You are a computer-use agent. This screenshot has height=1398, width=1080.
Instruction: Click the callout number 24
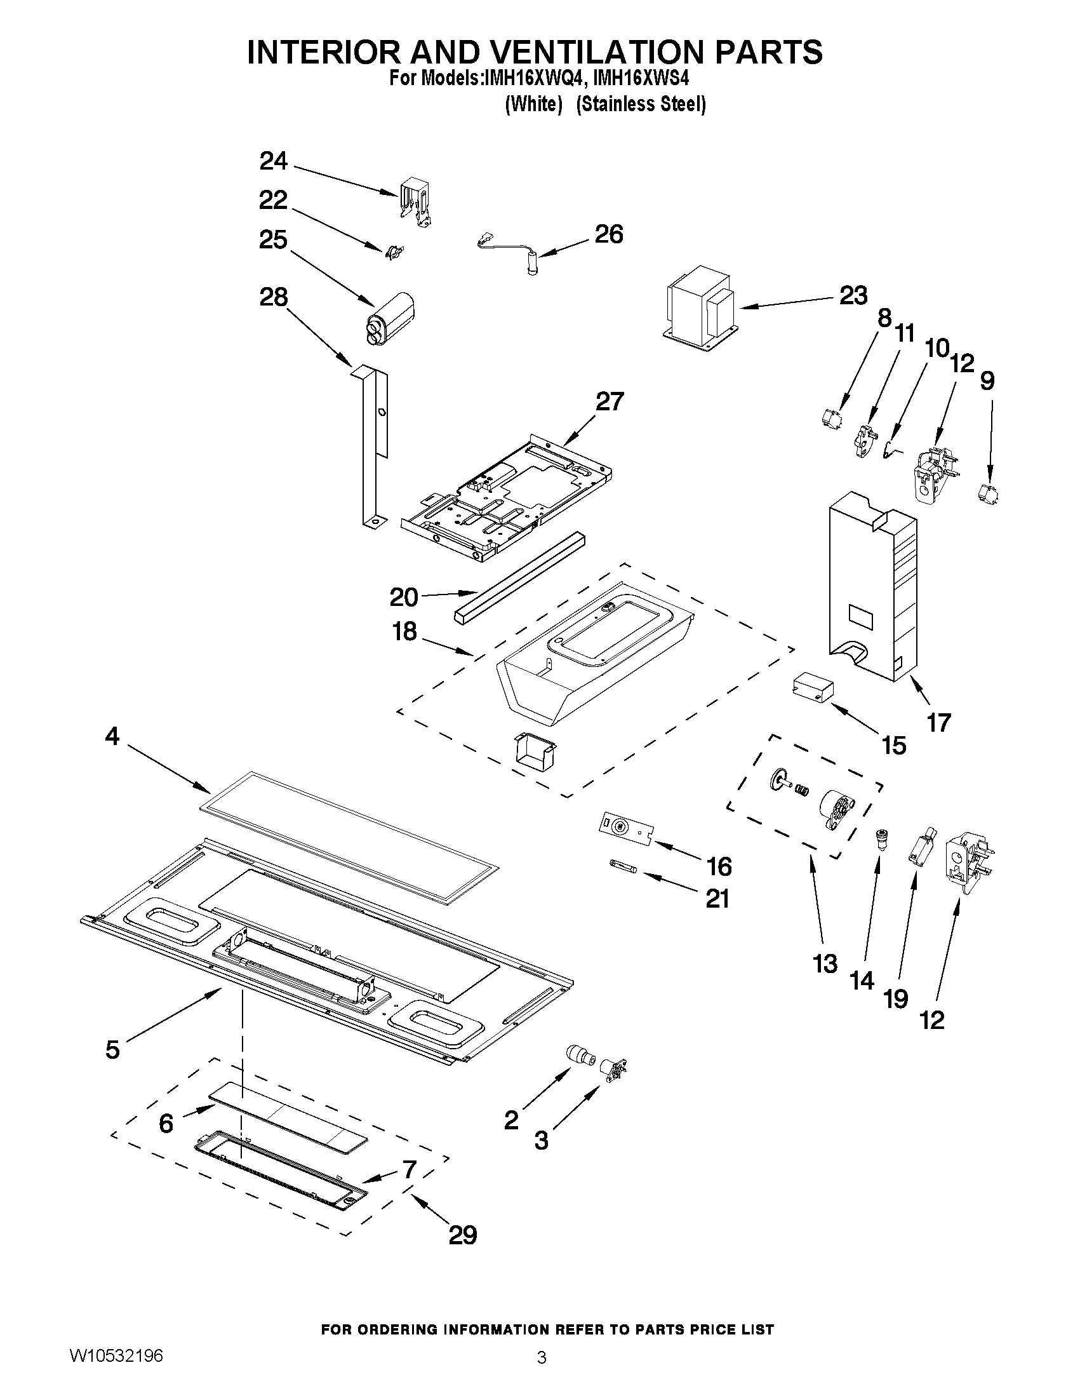273,161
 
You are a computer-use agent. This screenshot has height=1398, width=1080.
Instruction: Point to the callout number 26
608,234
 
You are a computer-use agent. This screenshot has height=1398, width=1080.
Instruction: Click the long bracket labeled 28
373,448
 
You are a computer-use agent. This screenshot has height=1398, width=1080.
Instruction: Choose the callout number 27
608,402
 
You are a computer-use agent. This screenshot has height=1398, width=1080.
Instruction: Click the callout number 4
112,737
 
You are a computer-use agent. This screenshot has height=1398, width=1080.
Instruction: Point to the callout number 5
112,1050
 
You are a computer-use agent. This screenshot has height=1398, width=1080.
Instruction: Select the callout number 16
719,867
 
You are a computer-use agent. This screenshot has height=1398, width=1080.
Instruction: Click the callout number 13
825,981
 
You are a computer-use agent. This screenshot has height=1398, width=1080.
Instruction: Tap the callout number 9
987,382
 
